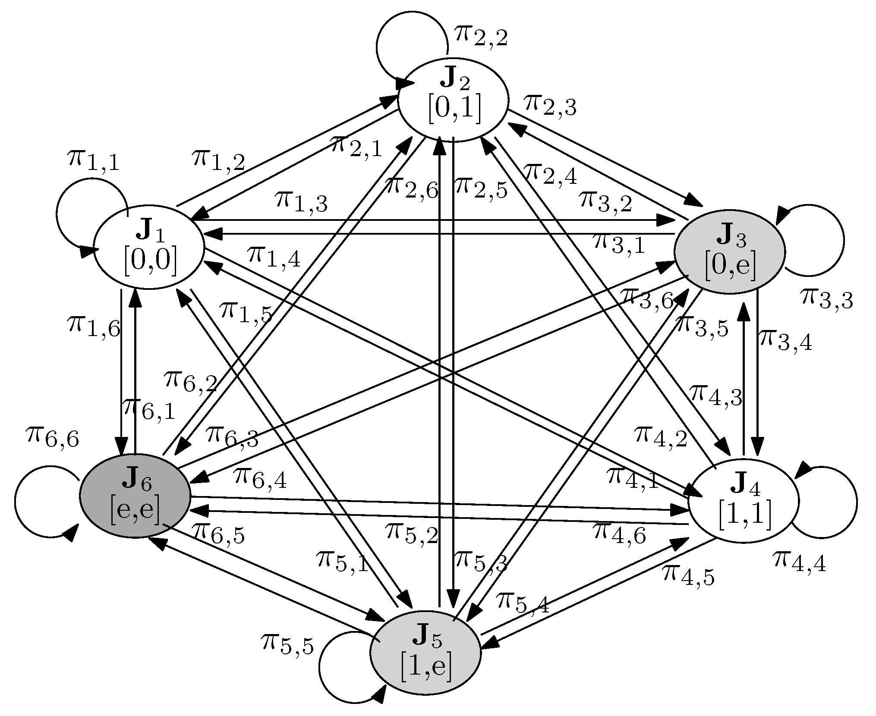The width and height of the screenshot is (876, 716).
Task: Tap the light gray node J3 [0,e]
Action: [729, 252]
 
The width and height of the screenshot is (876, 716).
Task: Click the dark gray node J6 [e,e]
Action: [135, 496]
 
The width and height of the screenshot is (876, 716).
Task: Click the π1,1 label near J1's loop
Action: [93, 161]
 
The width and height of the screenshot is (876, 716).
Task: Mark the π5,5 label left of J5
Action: [287, 645]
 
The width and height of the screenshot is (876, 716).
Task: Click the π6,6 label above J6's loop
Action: [52, 437]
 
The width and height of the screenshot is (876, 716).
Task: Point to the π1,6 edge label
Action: [93, 326]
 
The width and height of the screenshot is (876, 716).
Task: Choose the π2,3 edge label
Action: [550, 106]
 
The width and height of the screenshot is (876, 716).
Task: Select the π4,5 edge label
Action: [688, 576]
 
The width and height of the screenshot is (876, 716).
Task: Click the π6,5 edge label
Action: [218, 533]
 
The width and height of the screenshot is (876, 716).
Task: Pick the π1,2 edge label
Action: [218, 160]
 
